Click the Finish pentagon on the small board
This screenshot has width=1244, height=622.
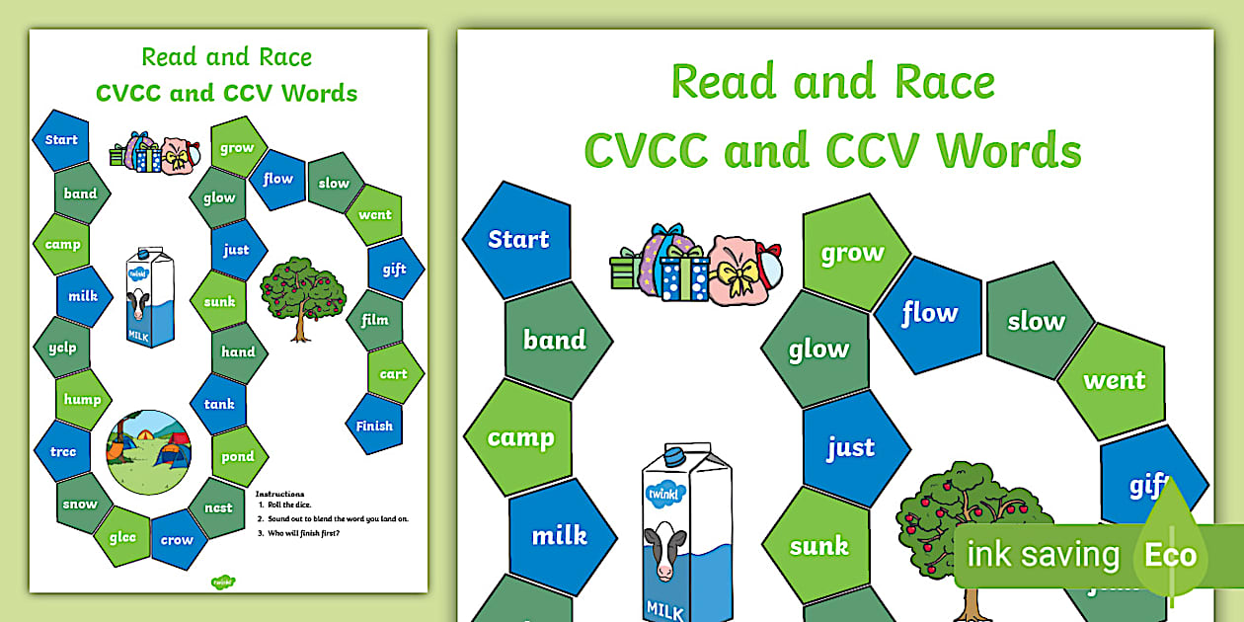[x=374, y=426]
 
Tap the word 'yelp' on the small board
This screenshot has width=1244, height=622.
[x=61, y=348]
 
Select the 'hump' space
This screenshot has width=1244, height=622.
[x=83, y=399]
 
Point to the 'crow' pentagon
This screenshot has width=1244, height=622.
[x=177, y=539]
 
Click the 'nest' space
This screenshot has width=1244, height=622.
[x=218, y=507]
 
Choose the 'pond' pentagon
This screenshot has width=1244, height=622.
[x=238, y=456]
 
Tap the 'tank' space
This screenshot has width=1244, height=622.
[x=219, y=403]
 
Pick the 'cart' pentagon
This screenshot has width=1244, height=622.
[x=393, y=373]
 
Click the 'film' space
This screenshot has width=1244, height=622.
[x=375, y=320]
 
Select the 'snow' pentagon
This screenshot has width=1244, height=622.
[x=81, y=504]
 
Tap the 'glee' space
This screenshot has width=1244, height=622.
[x=121, y=537]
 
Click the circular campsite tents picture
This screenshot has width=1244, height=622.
[x=148, y=452]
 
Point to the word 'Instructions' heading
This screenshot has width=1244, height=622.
[x=280, y=494]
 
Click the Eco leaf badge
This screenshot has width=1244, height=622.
[x=1171, y=554]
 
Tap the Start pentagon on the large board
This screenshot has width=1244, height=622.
[x=518, y=240]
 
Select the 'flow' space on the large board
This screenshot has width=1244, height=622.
[x=929, y=314]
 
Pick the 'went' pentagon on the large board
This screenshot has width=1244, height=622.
[x=1114, y=380]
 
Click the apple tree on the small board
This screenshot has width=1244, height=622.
[x=303, y=296]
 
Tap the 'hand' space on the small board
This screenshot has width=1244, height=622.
[x=238, y=351]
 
